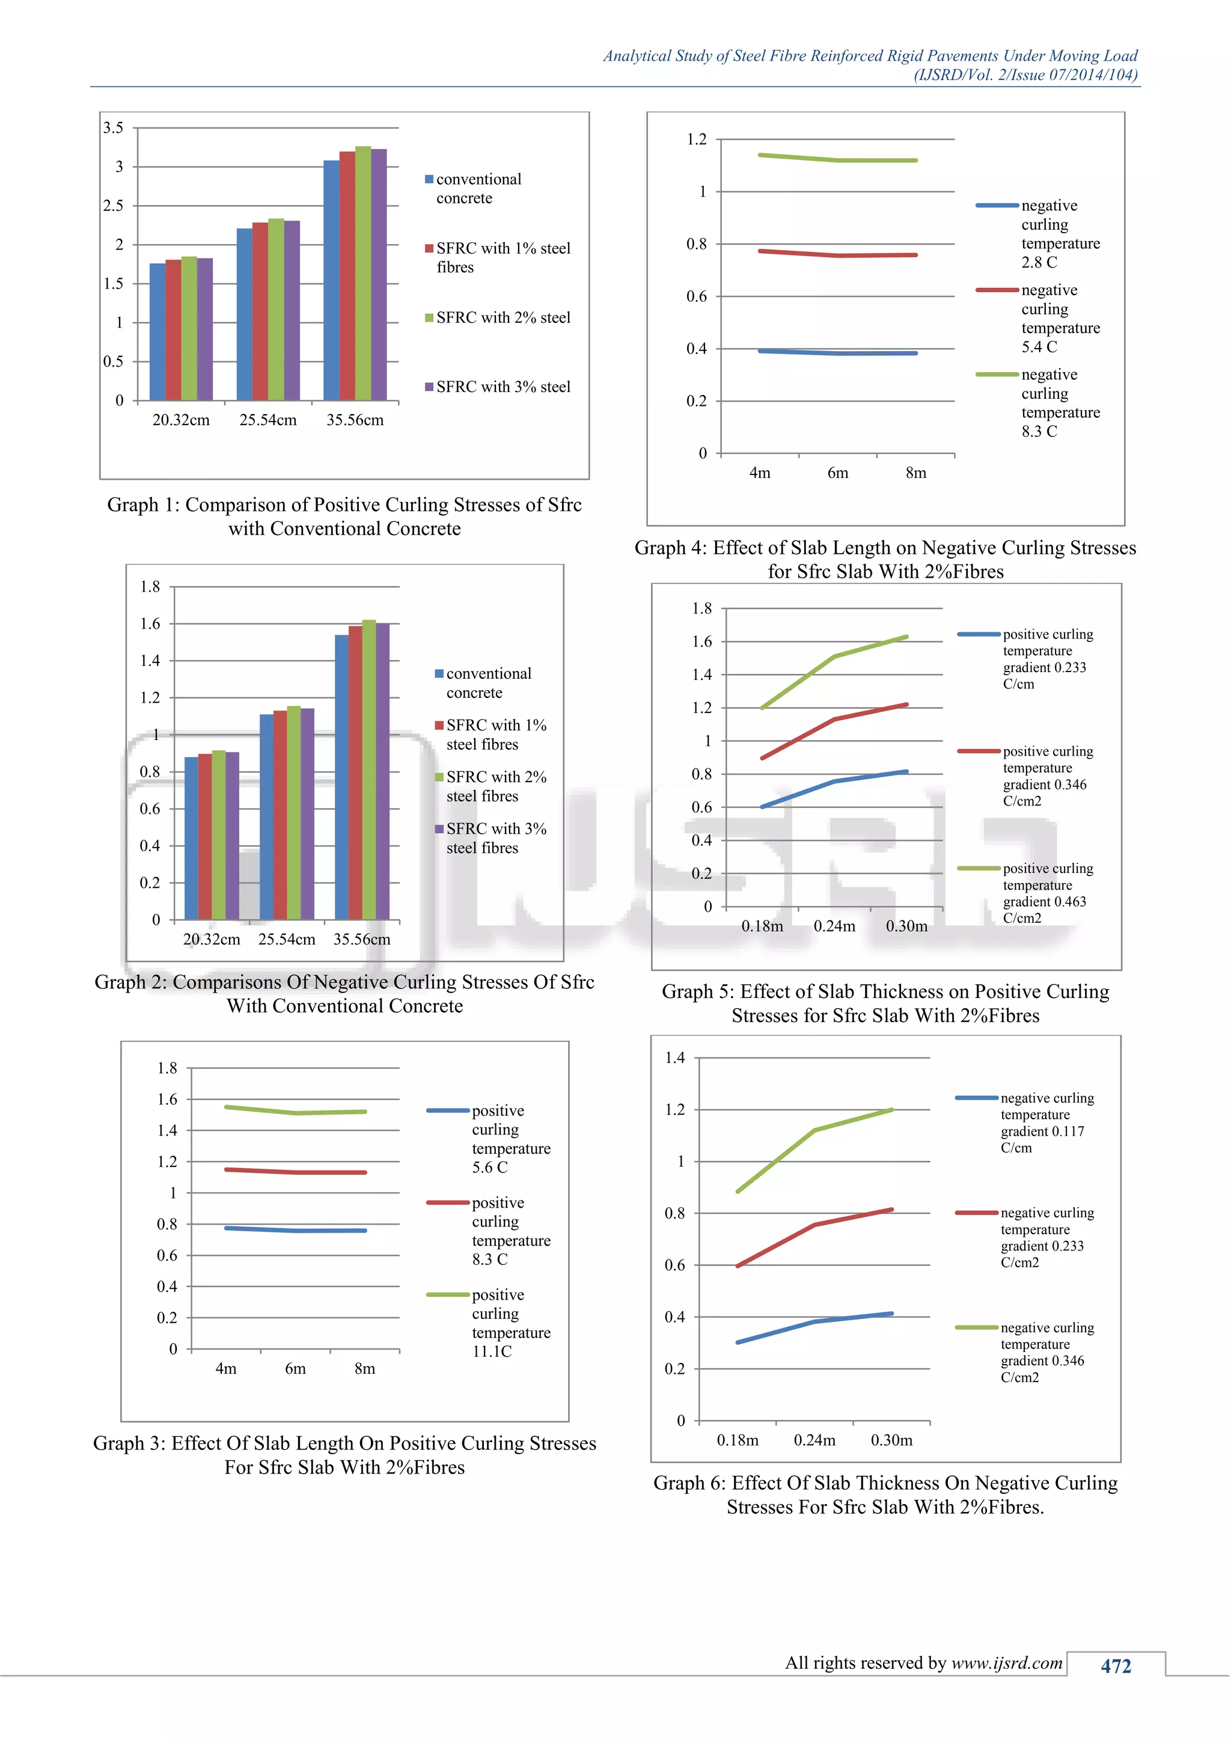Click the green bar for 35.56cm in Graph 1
363,273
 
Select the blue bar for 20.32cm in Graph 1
157,332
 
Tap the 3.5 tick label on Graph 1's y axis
113,128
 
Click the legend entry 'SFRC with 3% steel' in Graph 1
502,387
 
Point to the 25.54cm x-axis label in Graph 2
287,940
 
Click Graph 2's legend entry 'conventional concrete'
488,683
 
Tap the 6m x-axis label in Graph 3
296,1369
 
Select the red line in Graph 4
837,255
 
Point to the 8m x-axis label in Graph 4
915,473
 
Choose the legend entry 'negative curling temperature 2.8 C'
1060,233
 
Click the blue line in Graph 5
834,781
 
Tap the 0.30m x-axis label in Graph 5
906,926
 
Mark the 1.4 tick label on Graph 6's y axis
674,1058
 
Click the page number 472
1116,1666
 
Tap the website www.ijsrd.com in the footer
1007,1663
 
